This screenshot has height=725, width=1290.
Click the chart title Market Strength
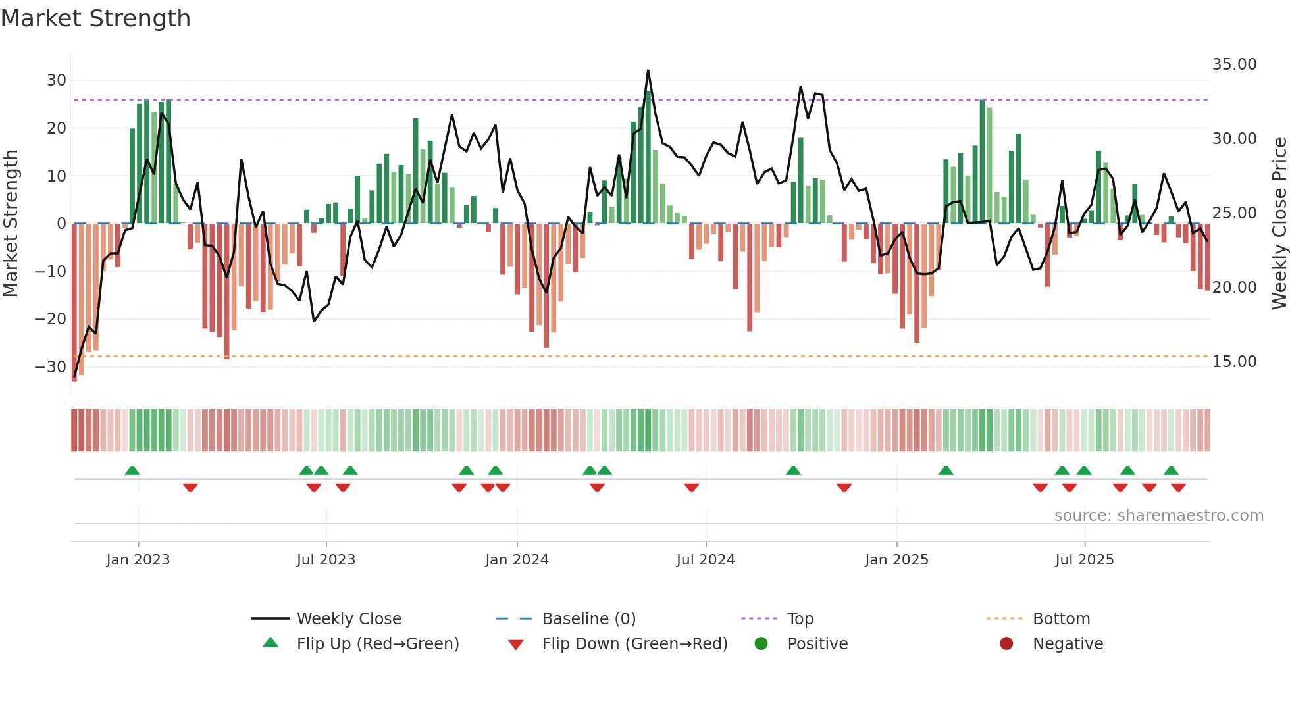click(95, 18)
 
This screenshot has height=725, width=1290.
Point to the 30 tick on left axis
click(57, 80)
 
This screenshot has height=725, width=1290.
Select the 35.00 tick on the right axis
click(1234, 64)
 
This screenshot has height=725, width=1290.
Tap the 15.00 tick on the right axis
click(1234, 362)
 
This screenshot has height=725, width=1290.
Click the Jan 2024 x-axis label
click(517, 560)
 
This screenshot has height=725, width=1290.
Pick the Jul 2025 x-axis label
click(1084, 560)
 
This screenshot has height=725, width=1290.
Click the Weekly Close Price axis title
click(1279, 224)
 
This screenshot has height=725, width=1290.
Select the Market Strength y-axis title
click(11, 224)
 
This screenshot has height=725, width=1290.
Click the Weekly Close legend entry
click(348, 619)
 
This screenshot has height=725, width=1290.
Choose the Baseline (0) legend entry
click(588, 619)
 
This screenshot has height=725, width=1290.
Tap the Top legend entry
click(800, 619)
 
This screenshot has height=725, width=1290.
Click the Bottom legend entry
click(1061, 619)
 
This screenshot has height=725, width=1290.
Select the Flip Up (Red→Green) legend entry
click(377, 644)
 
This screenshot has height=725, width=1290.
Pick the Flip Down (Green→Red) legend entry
click(634, 644)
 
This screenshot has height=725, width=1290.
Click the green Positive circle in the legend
click(761, 644)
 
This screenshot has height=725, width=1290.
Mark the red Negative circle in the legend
click(1006, 644)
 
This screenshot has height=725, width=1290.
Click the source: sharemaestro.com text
click(1158, 516)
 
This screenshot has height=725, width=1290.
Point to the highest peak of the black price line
click(648, 70)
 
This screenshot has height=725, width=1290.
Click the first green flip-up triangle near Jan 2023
click(132, 470)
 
